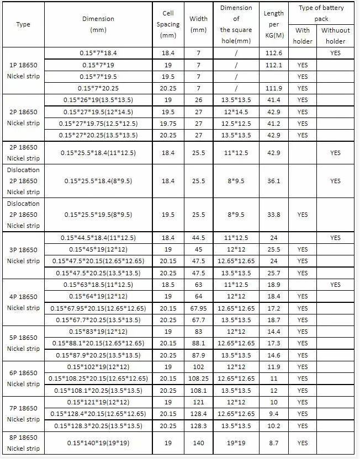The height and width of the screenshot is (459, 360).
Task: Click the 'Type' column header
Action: tap(23, 24)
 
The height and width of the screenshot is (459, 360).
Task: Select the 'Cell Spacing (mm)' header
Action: tap(168, 24)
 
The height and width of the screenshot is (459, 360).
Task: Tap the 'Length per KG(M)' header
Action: tap(274, 24)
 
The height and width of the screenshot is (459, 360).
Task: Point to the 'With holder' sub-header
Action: tap(303, 36)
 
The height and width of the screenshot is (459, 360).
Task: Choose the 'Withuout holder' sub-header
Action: tap(336, 36)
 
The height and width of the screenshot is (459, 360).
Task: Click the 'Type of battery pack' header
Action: tap(321, 13)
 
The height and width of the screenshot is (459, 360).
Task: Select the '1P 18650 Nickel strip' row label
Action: tap(23, 71)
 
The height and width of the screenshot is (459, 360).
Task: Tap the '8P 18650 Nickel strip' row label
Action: tap(23, 443)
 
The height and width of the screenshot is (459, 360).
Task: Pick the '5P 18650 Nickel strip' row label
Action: tap(23, 343)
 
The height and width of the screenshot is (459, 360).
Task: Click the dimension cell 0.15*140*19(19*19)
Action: tap(98, 443)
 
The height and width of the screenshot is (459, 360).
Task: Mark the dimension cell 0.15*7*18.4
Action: tap(98, 53)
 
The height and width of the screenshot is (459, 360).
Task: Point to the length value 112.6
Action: tap(274, 53)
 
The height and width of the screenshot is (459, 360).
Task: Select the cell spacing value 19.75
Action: tap(168, 124)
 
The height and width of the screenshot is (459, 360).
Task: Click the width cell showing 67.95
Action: tap(199, 308)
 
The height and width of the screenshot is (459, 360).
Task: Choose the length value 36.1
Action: tap(274, 181)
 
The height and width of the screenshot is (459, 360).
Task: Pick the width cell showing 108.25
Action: tap(199, 378)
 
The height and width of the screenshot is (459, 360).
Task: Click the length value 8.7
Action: tap(274, 443)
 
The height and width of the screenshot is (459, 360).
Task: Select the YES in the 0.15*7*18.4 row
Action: tap(336, 53)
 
